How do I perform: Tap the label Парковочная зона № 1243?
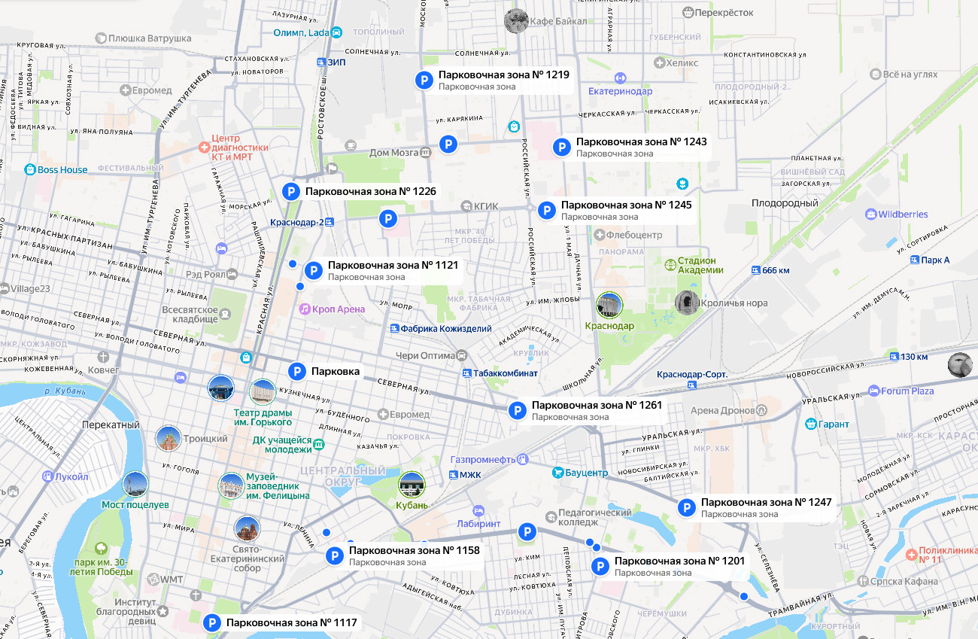tap(641, 141)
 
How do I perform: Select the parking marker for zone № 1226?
tap(291, 192)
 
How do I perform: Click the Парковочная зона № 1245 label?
tap(626, 205)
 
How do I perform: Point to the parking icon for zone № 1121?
tap(314, 270)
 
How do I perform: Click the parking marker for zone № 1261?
tap(517, 410)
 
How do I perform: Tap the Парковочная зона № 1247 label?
tap(766, 502)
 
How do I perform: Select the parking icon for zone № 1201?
tap(600, 567)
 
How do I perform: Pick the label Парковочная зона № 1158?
tap(414, 550)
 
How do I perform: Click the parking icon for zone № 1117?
tap(212, 622)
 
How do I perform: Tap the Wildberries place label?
tap(903, 215)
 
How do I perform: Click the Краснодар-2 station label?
tap(296, 222)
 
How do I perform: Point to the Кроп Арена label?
tap(339, 309)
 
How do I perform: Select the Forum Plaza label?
tap(907, 391)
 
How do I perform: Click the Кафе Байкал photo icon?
tap(515, 20)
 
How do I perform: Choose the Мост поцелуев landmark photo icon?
tap(135, 484)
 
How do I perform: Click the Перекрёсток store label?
tap(724, 13)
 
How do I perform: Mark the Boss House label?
tap(62, 170)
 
